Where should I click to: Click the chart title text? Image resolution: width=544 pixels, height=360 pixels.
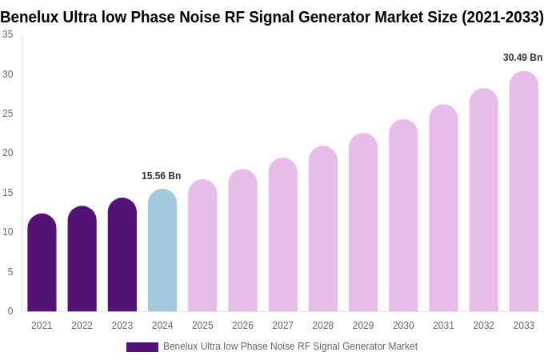(x=272, y=17)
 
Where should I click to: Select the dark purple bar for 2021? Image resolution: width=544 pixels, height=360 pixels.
(x=42, y=263)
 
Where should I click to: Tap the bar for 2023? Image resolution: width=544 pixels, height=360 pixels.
(x=122, y=255)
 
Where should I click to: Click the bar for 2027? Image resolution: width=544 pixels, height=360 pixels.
(x=282, y=235)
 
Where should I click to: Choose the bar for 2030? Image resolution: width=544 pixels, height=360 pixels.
(x=403, y=216)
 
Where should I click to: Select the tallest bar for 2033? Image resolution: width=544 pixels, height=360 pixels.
(x=524, y=192)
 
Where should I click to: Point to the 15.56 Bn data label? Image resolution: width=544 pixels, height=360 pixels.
(x=162, y=176)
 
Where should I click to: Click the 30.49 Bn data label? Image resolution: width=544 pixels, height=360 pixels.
(x=522, y=58)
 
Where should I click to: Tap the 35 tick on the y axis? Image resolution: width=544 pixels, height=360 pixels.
(x=8, y=34)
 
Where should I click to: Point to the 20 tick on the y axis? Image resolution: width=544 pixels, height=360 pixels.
(x=8, y=153)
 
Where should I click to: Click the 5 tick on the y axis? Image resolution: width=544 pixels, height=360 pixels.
(x=10, y=272)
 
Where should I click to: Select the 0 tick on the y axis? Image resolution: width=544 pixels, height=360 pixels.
(x=10, y=311)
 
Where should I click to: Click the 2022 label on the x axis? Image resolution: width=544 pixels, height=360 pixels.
(x=82, y=326)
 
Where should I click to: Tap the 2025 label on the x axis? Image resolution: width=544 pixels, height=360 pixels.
(x=202, y=326)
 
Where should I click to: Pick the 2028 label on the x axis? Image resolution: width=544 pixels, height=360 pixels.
(x=323, y=326)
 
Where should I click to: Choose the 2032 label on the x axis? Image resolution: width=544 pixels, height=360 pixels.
(x=483, y=326)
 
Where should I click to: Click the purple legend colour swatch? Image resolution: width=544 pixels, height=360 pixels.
(x=142, y=347)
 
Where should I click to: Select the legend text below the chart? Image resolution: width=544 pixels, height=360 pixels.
(x=290, y=346)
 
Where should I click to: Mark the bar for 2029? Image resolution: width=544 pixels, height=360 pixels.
(x=363, y=223)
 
